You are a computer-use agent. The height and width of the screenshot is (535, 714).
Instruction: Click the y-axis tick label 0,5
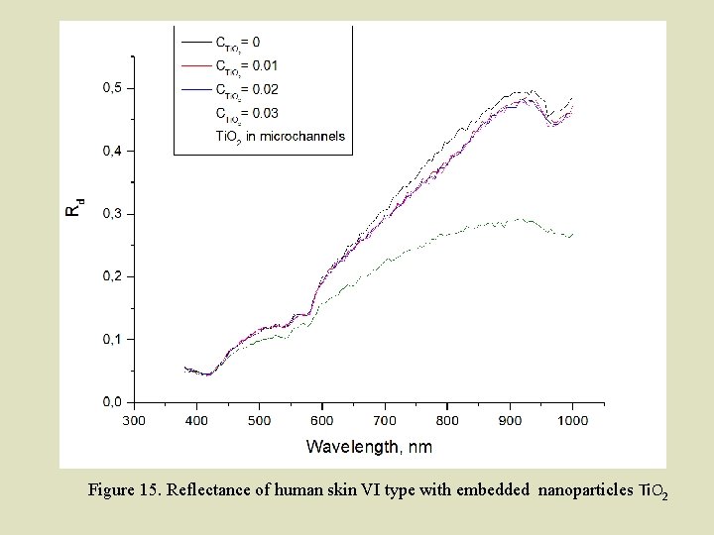pyautogui.click(x=113, y=88)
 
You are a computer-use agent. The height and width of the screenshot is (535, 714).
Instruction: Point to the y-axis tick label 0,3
pyautogui.click(x=113, y=214)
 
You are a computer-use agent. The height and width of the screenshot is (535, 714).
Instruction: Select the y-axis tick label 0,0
pyautogui.click(x=113, y=402)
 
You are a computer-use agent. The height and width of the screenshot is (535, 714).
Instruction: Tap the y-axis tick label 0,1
pyautogui.click(x=113, y=340)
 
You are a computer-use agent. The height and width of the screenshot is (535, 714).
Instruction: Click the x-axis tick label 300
pyautogui.click(x=134, y=421)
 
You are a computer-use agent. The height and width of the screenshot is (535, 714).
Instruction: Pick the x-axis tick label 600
pyautogui.click(x=321, y=421)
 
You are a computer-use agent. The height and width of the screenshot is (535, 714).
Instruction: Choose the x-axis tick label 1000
pyautogui.click(x=572, y=421)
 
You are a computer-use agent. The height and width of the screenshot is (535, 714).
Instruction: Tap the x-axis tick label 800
pyautogui.click(x=447, y=421)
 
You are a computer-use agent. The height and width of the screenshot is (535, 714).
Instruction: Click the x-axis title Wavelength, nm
pyautogui.click(x=369, y=447)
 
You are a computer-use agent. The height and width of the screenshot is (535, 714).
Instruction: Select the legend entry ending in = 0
pyautogui.click(x=237, y=43)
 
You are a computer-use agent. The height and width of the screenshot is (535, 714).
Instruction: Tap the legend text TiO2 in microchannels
pyautogui.click(x=280, y=136)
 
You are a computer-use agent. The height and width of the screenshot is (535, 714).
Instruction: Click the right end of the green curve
pyautogui.click(x=573, y=234)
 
